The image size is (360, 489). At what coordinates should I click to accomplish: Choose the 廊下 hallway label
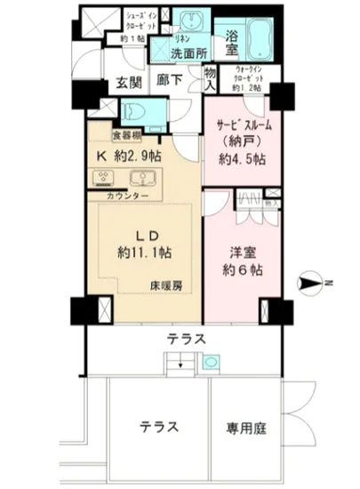coord(170,79)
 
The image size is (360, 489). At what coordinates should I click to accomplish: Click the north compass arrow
coord(312,284)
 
